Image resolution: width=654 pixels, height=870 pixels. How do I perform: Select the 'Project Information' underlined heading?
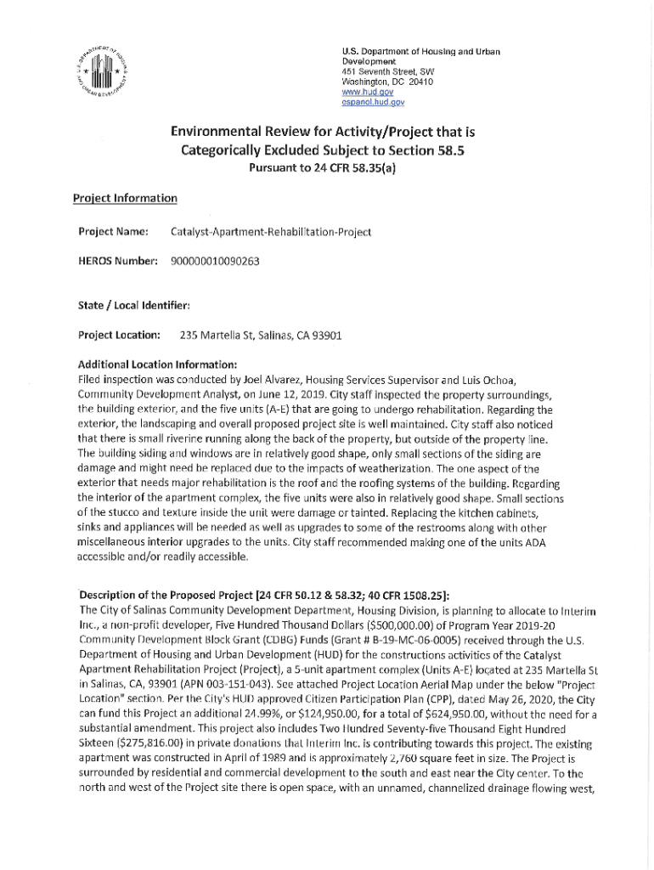[125, 198]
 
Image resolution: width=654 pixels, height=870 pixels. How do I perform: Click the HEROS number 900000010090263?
[215, 262]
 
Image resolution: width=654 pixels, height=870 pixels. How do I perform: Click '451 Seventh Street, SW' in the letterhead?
[386, 72]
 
